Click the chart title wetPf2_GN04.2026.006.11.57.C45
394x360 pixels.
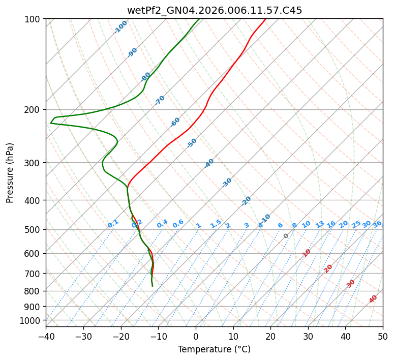(x=214, y=10)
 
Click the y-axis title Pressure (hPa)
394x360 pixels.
(x=10, y=173)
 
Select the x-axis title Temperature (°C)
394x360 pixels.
(x=214, y=349)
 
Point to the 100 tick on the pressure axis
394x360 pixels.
(x=34, y=19)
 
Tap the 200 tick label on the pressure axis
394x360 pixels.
(x=34, y=109)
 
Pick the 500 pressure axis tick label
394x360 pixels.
(x=34, y=229)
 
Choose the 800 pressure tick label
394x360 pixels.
(x=34, y=291)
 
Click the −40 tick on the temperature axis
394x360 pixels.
(x=46, y=336)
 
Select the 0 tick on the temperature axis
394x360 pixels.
(x=196, y=336)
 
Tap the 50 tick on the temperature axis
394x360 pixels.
(x=383, y=336)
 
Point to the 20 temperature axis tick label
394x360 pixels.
(x=270, y=336)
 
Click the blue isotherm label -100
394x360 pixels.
(x=120, y=26)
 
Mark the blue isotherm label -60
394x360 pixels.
(x=175, y=122)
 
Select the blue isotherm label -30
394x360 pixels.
(x=227, y=183)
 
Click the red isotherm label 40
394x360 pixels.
(x=373, y=299)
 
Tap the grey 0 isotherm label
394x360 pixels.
(x=286, y=236)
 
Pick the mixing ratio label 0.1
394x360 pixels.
(x=113, y=224)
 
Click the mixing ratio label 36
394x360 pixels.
(x=377, y=224)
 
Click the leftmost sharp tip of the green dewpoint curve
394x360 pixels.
(x=50, y=123)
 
